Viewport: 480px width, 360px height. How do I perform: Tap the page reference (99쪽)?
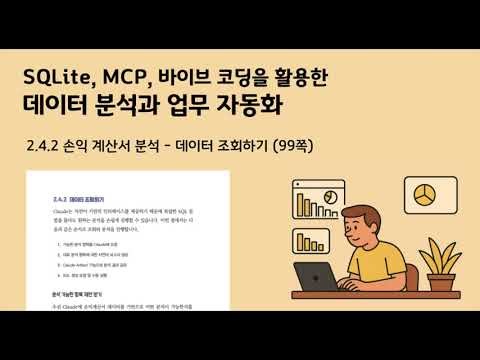click(x=291, y=146)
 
